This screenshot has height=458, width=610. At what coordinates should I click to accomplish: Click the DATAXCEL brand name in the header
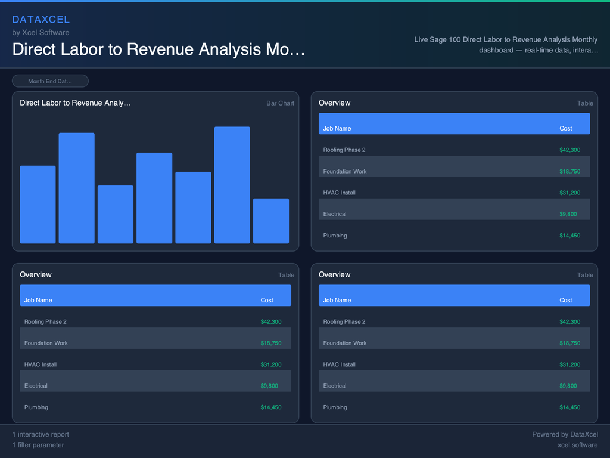(41, 20)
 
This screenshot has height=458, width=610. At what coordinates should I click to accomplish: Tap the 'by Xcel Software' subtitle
(41, 33)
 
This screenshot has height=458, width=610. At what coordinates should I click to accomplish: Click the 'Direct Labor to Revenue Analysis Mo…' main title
(158, 49)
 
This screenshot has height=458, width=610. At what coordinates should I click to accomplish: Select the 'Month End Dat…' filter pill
(50, 81)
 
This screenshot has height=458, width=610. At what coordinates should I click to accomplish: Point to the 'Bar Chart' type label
(280, 103)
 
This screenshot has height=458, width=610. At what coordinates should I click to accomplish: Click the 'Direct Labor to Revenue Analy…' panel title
(75, 103)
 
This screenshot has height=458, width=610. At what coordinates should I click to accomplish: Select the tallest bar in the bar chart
(232, 185)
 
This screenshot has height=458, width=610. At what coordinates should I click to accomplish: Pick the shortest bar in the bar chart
(270, 221)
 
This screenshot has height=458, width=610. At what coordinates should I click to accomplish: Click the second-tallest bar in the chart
(76, 188)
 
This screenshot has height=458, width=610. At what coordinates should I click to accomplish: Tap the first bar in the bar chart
(38, 205)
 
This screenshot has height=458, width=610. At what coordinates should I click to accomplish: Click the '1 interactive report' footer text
(41, 434)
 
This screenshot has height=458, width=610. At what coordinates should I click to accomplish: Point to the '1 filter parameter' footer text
(38, 445)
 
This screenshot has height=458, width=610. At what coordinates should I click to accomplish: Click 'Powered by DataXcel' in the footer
(565, 434)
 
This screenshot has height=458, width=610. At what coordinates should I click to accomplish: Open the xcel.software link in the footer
(577, 445)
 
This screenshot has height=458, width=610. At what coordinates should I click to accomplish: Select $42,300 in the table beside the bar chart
(569, 150)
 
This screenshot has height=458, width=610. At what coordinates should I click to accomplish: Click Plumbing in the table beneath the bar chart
(36, 407)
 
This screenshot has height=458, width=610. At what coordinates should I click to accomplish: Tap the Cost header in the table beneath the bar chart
(267, 300)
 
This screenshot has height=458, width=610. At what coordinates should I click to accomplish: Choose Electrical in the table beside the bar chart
(335, 214)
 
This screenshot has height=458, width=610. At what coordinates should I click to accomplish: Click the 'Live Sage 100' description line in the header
(506, 40)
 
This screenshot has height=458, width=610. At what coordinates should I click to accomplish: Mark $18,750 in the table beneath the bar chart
(271, 343)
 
